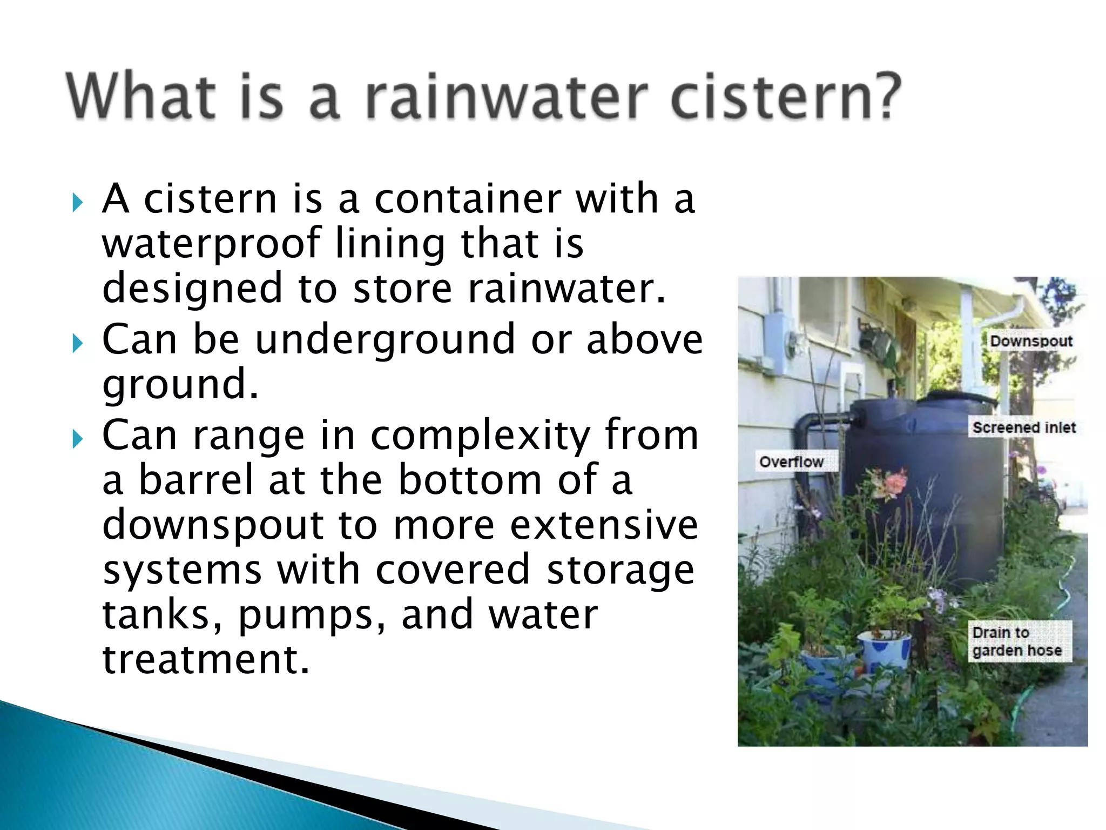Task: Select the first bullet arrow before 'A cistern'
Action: pyautogui.click(x=78, y=204)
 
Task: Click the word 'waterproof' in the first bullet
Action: pyautogui.click(x=211, y=244)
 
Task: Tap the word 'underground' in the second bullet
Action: pyautogui.click(x=385, y=340)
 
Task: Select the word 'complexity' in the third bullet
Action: pyautogui.click(x=480, y=436)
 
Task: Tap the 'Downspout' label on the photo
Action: pyautogui.click(x=1030, y=341)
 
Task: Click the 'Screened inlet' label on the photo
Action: pyautogui.click(x=1024, y=427)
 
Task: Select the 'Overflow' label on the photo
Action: pyautogui.click(x=791, y=462)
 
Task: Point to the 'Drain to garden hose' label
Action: pyautogui.click(x=1016, y=641)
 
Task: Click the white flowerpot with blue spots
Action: pyautogui.click(x=884, y=651)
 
